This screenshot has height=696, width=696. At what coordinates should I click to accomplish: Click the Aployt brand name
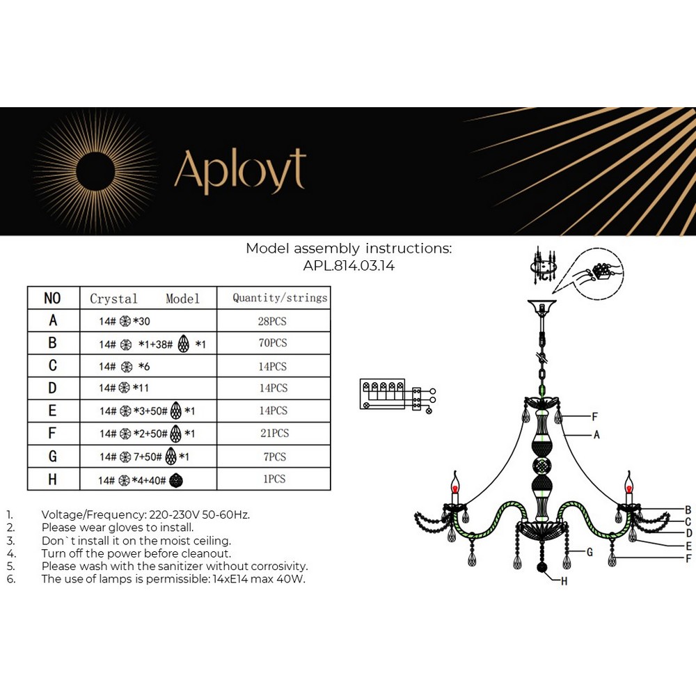pos(240,171)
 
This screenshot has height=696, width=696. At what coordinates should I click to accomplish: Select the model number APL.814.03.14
pos(349,266)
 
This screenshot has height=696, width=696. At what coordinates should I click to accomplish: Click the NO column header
pos(52,298)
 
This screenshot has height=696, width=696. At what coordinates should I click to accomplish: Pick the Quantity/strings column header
pos(280,298)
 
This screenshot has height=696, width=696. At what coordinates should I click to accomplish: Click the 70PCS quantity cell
pos(274,343)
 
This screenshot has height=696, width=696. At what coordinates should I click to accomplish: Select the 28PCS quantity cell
pos(274,322)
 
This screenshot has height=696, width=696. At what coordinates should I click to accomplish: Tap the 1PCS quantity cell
pos(274,480)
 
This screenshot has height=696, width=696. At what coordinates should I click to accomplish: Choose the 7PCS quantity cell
pos(274,457)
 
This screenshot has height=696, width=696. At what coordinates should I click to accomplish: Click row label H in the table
pos(53,480)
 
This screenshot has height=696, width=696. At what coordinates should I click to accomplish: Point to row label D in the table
pos(53,388)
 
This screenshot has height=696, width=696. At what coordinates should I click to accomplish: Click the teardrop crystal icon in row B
pos(184,344)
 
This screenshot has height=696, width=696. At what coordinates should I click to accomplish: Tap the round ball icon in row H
pos(177,480)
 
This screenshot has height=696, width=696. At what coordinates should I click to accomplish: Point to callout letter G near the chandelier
pos(589,553)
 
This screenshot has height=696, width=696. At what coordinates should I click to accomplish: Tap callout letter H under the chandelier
pos(564,581)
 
